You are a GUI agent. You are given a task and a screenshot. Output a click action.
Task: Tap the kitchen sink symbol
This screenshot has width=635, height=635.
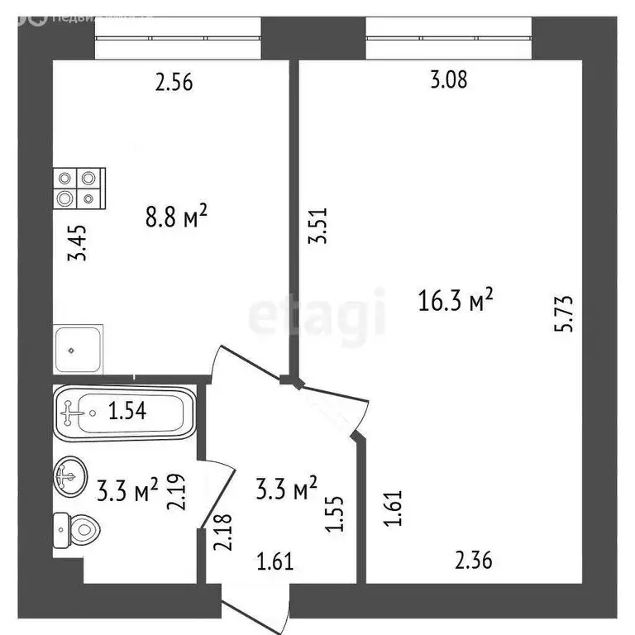click(x=78, y=349)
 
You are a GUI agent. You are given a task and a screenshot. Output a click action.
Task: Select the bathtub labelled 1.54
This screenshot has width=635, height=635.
click(x=124, y=411)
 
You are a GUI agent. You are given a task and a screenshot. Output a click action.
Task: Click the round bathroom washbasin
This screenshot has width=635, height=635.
click(x=69, y=476)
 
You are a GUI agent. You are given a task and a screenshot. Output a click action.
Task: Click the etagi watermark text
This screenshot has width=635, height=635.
click(x=317, y=316)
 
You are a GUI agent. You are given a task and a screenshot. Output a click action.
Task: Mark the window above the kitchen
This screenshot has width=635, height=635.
click(x=178, y=38)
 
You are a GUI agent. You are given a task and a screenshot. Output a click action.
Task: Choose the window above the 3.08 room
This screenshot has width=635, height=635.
click(x=449, y=38)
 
